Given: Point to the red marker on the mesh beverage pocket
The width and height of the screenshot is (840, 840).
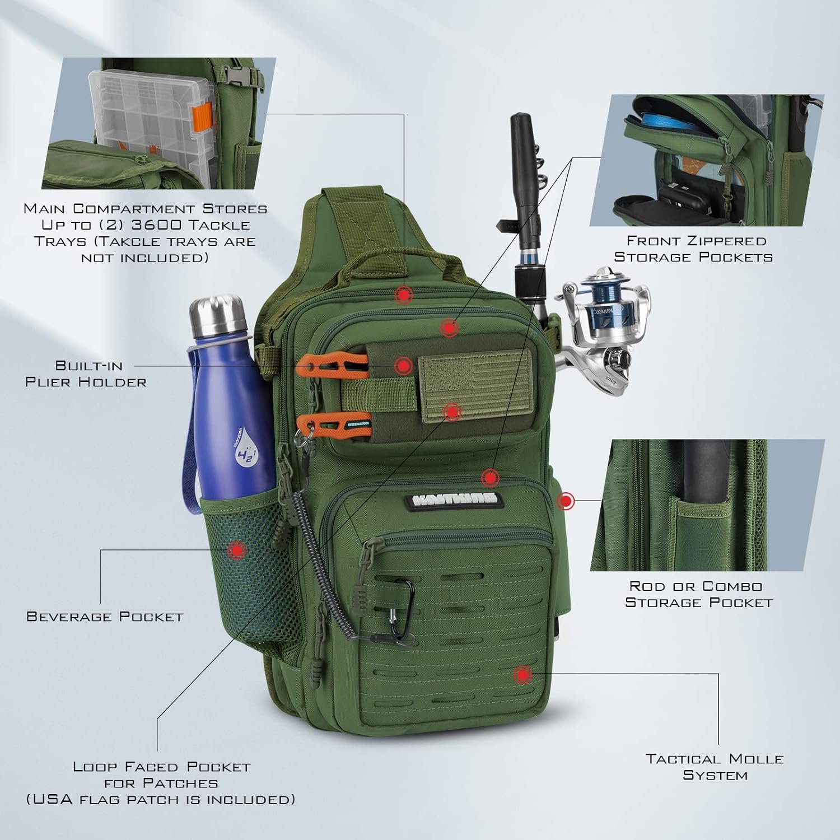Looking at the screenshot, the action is coord(237,550).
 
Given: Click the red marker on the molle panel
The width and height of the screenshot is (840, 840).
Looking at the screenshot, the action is coord(522,675).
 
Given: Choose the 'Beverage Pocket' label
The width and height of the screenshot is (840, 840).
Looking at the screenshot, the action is coord(105,617).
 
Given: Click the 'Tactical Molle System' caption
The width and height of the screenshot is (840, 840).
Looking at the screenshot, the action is coord(715,767).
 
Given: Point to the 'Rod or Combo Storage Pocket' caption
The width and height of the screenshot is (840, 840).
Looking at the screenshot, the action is coord(698,594).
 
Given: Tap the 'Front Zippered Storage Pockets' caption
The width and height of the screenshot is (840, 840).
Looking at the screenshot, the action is coord(693,249).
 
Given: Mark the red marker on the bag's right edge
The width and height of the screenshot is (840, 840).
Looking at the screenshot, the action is coord(567,501).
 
